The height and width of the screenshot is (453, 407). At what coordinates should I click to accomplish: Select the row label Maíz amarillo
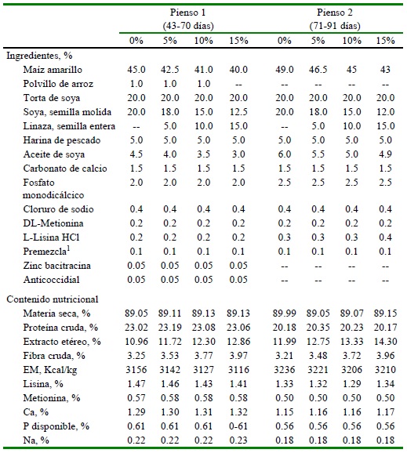(x=53, y=70)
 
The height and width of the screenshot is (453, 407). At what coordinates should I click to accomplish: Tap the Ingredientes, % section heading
(x=39, y=56)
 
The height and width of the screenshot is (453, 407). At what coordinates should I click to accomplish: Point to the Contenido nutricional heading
(x=53, y=299)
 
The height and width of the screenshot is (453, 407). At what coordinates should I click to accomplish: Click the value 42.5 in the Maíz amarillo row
(x=169, y=70)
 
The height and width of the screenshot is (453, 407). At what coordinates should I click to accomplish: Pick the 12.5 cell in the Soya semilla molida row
(x=238, y=112)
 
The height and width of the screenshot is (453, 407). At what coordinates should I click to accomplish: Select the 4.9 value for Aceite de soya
(x=385, y=154)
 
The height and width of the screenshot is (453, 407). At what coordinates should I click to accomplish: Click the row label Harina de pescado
(x=62, y=140)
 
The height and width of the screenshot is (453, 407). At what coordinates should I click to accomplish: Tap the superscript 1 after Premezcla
(x=68, y=248)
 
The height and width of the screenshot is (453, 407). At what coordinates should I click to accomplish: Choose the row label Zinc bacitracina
(x=57, y=266)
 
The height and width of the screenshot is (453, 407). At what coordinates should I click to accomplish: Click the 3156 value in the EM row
(x=136, y=370)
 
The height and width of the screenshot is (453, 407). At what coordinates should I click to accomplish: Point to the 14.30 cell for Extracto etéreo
(x=385, y=342)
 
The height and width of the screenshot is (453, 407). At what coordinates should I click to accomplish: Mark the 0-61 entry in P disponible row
(x=238, y=426)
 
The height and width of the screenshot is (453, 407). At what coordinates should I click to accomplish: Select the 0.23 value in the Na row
(x=238, y=440)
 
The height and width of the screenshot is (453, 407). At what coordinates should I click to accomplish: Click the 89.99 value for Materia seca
(x=285, y=313)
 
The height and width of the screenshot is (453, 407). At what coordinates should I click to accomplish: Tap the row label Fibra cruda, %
(x=54, y=356)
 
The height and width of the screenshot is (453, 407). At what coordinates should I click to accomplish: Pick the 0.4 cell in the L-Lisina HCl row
(x=385, y=237)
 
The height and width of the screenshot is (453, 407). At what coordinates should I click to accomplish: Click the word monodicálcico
(x=53, y=195)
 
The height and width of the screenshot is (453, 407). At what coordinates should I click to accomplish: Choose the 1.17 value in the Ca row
(x=385, y=412)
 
